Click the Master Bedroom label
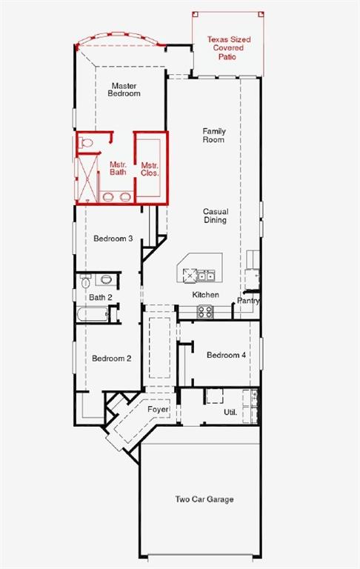pos(124,90)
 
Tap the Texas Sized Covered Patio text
pos(229,48)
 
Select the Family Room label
pos(214,135)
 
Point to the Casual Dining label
pos(216,216)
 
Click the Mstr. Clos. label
pos(150,169)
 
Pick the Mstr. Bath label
pos(118,168)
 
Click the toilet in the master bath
pos(86,142)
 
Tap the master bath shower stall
pos(87,178)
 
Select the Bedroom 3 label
pos(113,239)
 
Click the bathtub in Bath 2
pos(93,314)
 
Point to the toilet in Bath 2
pos(86,281)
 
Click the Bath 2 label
pos(101,298)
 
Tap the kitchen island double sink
pos(206,276)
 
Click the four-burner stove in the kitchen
pos(204,312)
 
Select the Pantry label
pos(248,301)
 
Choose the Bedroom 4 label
pos(226,355)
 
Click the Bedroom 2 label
pos(111,359)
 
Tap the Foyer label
pos(159,410)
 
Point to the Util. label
pos(230,412)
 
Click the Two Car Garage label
pos(204,499)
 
